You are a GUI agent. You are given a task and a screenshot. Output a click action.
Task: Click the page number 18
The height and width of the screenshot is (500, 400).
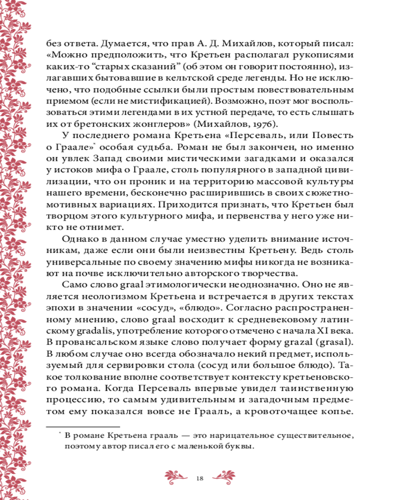(x=199, y=478)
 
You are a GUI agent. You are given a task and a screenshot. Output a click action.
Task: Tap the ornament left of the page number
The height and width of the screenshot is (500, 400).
(x=177, y=475)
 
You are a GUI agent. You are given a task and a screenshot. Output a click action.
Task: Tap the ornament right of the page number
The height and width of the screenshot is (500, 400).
(x=223, y=475)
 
